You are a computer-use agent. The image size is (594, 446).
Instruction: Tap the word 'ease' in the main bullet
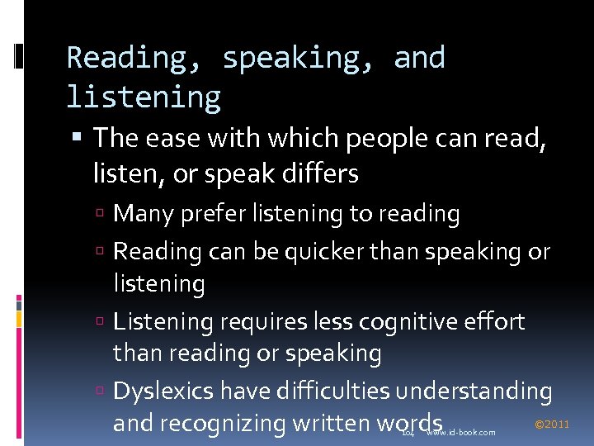click(x=170, y=138)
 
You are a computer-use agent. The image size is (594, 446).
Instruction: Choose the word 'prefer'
click(x=200, y=214)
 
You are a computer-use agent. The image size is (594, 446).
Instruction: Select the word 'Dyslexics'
click(x=159, y=391)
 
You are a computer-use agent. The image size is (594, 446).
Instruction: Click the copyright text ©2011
click(x=552, y=425)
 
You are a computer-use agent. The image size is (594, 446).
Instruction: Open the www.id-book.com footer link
click(x=461, y=432)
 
